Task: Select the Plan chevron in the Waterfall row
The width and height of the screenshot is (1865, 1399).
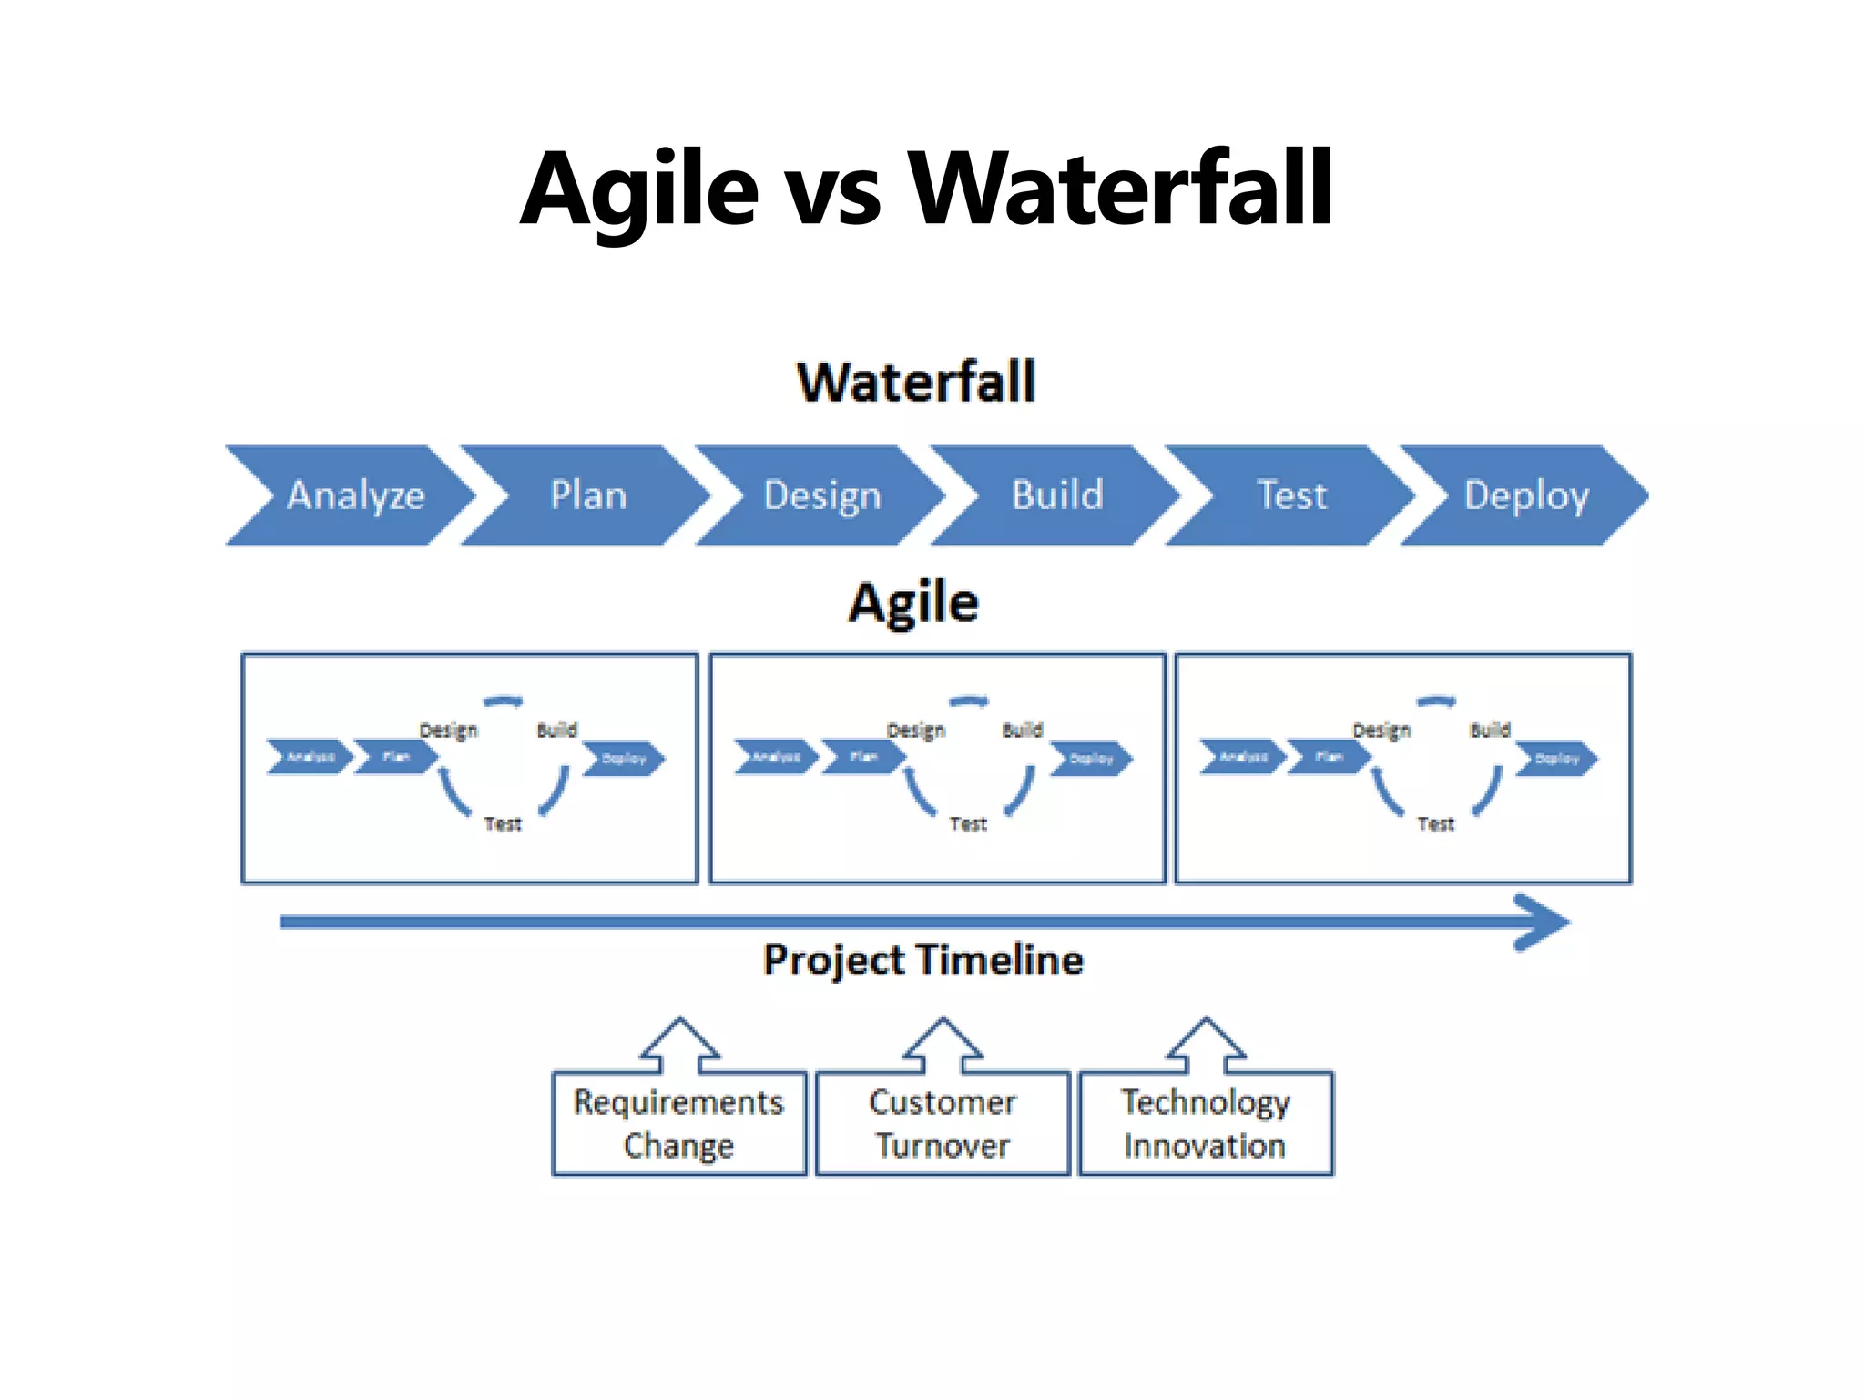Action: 588,495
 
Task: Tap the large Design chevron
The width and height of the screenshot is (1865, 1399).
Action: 822,495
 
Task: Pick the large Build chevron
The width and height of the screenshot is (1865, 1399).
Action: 1057,495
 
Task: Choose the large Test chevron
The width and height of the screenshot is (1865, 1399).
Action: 1291,495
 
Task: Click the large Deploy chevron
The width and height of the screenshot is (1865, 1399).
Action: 1526,495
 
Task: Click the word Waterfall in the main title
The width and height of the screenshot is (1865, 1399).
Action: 1120,189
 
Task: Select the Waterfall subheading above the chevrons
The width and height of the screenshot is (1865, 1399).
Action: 916,383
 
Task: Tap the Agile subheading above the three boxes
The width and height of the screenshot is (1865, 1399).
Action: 913,603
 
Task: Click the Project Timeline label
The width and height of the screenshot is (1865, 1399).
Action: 923,960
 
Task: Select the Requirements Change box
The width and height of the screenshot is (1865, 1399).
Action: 678,1124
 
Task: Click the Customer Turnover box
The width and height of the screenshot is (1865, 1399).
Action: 943,1124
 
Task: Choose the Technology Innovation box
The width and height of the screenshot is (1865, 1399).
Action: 1205,1124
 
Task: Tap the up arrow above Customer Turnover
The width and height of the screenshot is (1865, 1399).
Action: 943,1046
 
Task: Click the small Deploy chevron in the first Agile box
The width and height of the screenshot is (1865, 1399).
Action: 625,759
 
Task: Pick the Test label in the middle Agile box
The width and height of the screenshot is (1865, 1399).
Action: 968,824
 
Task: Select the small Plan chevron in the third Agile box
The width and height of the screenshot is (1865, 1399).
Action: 1328,757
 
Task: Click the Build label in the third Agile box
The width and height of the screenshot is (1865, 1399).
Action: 1490,730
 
